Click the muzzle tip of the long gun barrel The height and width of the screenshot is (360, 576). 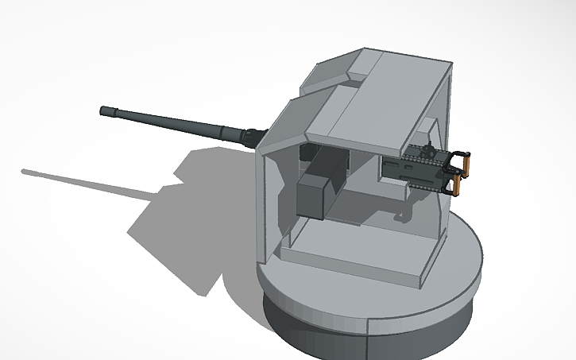[x=103, y=110]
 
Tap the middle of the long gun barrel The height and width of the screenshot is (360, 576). [x=175, y=123]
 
